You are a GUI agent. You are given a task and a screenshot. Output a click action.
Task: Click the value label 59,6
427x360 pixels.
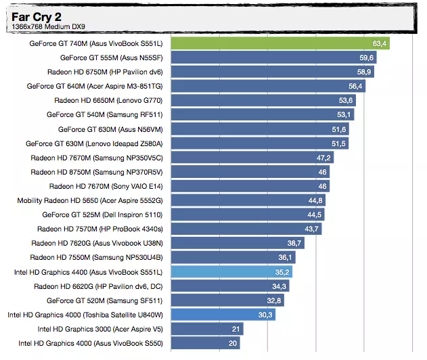pyautogui.click(x=367, y=58)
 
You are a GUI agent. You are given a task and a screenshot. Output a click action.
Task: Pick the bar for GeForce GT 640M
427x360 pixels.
pyautogui.click(x=257, y=86)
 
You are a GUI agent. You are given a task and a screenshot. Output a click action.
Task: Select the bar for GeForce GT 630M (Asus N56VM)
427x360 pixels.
pyautogui.click(x=250, y=129)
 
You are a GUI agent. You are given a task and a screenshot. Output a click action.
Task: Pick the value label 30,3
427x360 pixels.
pyautogui.click(x=265, y=315)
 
